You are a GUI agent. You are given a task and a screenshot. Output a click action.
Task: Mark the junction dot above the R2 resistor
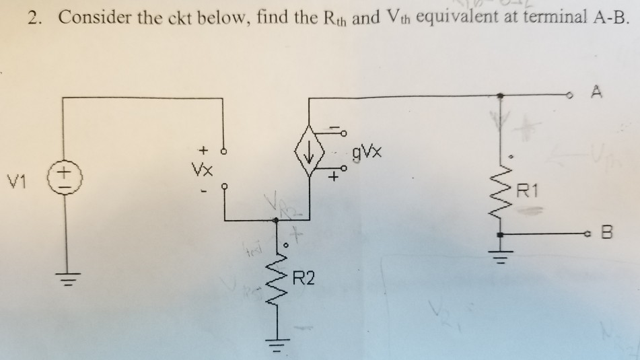click(276, 219)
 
